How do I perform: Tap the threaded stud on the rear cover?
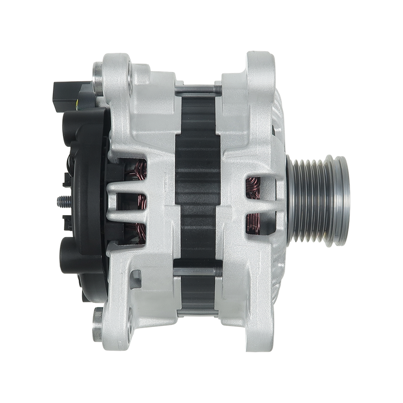tap(61, 200)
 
